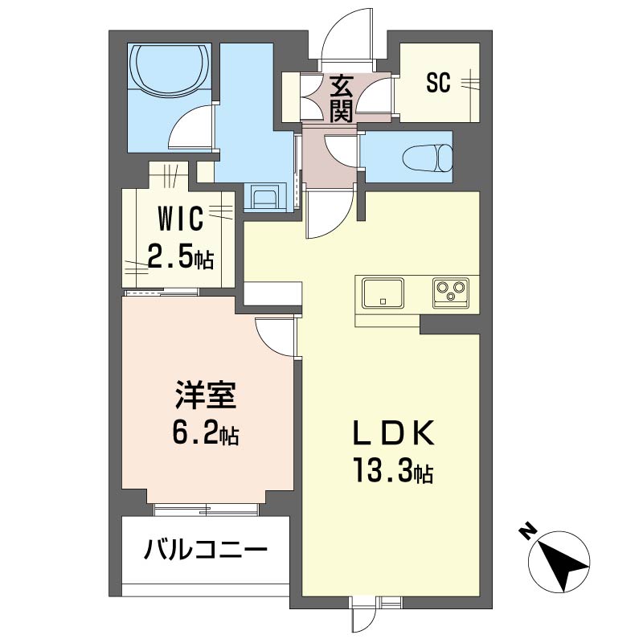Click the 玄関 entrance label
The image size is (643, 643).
point(342,97)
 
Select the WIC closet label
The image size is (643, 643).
point(179,218)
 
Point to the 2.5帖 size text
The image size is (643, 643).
point(179,257)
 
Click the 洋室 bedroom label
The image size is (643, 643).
point(205,399)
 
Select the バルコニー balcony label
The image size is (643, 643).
point(206,551)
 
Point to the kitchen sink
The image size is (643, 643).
point(383,292)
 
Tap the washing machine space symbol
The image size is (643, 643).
point(263,197)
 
